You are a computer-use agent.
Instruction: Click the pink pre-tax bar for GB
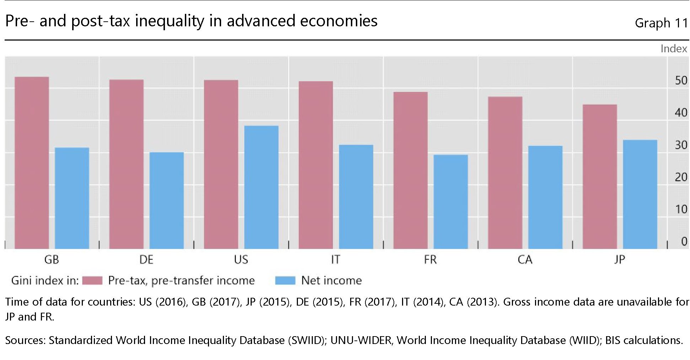point(32,163)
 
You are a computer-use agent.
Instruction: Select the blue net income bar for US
point(261,187)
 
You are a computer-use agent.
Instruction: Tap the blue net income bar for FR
point(450,201)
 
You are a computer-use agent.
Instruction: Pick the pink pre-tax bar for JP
point(600,176)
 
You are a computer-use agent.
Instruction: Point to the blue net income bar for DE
point(166,200)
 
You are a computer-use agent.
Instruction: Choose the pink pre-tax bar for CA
point(505,173)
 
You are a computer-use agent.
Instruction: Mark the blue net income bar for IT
point(356,196)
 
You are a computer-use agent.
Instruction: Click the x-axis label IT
point(335,260)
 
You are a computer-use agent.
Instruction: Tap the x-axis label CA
point(525,260)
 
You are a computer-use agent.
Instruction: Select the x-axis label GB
point(52,260)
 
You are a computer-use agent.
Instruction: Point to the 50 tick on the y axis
point(681,81)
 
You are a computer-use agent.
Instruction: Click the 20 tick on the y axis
point(681,177)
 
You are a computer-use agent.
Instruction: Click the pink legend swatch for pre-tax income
point(92,281)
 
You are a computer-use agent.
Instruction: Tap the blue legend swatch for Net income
point(285,281)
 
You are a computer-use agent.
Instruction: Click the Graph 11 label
point(661,23)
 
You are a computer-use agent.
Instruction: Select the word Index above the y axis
point(674,49)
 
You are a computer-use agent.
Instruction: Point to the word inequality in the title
point(170,21)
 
